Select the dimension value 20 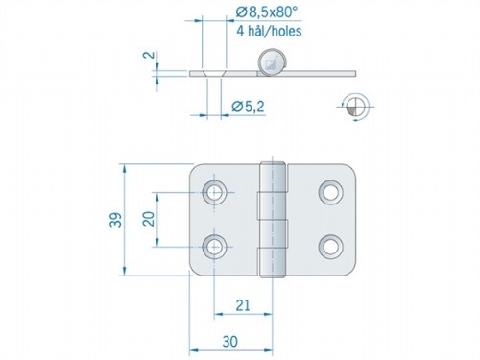tap(148, 219)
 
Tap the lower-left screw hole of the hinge tap(214, 246)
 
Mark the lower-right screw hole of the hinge tap(332, 246)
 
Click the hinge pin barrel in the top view tap(276, 220)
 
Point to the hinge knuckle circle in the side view tap(274, 63)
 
